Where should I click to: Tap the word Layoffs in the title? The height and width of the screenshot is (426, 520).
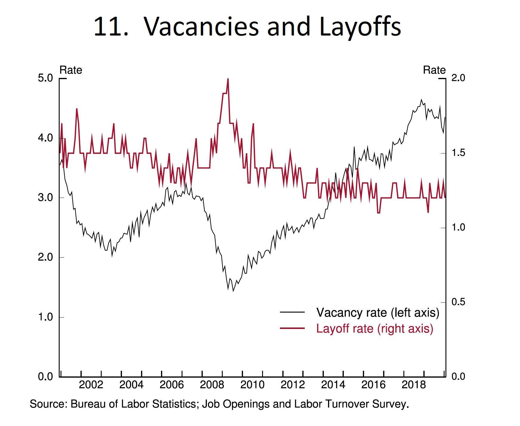(x=360, y=27)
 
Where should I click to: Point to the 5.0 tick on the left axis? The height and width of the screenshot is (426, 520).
(x=45, y=78)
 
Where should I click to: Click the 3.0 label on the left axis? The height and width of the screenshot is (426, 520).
(x=45, y=198)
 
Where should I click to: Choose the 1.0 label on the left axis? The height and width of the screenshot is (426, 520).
(x=45, y=317)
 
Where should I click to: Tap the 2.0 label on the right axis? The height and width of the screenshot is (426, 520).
(x=458, y=78)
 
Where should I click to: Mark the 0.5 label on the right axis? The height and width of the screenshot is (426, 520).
(x=458, y=302)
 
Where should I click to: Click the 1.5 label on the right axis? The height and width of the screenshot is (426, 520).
(x=458, y=153)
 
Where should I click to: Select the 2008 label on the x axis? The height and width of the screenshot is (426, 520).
(x=212, y=385)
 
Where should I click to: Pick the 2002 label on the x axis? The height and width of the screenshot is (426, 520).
(x=91, y=385)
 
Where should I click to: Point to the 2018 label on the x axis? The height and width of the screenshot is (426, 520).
(x=414, y=385)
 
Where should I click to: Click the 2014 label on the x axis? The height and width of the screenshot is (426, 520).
(x=333, y=385)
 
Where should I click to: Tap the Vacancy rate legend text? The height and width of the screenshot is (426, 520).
(x=378, y=313)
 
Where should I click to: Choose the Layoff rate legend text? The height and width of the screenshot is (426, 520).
(x=374, y=329)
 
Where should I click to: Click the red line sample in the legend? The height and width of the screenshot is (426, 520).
(x=292, y=328)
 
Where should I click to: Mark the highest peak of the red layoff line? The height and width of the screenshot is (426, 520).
(x=228, y=79)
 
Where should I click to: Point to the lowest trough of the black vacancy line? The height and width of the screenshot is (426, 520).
(x=233, y=290)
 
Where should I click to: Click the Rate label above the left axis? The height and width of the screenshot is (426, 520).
(x=71, y=70)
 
